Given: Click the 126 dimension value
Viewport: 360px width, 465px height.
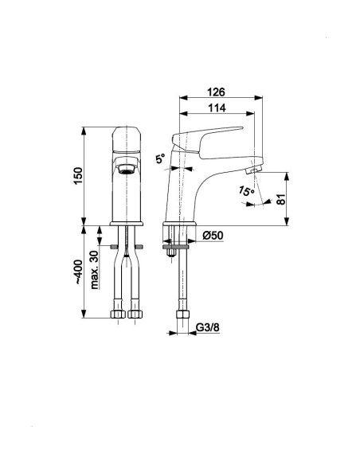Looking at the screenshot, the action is click(216, 92).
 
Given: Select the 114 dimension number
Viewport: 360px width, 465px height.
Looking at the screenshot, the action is click(217, 108).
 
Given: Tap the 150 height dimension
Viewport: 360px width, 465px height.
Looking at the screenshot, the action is click(78, 175).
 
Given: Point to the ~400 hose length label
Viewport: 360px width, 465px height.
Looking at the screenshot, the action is click(78, 272).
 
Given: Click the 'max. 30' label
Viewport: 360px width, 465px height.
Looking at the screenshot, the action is click(95, 270).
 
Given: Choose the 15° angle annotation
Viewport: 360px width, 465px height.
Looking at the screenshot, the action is click(246, 190).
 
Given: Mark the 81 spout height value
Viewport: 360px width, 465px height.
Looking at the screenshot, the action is click(281, 199).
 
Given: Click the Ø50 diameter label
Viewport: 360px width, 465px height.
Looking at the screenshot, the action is click(213, 236).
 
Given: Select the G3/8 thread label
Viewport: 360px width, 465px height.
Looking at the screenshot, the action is click(208, 328).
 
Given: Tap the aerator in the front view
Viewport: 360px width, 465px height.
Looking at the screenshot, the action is click(127, 170).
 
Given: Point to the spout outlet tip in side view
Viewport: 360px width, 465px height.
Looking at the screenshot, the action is click(253, 170).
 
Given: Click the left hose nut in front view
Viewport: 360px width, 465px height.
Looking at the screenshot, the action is click(118, 314).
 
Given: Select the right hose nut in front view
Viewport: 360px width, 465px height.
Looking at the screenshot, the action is click(135, 314).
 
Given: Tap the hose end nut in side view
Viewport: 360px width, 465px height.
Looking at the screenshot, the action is click(182, 315).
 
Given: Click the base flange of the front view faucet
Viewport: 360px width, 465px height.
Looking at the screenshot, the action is click(127, 224).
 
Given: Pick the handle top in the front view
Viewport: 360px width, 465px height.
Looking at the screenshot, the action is click(127, 139).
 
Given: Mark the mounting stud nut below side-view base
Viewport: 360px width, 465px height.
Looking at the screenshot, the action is click(170, 252).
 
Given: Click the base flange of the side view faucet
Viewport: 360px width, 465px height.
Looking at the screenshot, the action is click(180, 224).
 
